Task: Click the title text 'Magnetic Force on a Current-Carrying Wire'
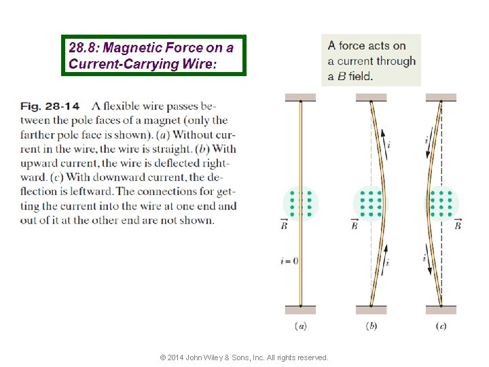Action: [x=153, y=55]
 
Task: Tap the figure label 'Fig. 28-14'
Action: [x=50, y=106]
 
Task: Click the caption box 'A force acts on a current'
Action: [x=371, y=60]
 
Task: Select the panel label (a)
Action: [x=300, y=326]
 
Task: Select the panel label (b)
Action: [x=372, y=326]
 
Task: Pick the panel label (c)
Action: [x=441, y=326]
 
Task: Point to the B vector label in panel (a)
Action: [x=284, y=225]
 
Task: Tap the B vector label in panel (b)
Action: [x=354, y=225]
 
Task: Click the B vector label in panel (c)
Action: [x=458, y=225]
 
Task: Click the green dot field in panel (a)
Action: [x=300, y=203]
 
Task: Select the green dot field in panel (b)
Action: [x=371, y=203]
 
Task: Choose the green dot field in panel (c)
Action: [x=441, y=203]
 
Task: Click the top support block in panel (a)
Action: [x=300, y=97]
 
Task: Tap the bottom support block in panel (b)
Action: [x=371, y=310]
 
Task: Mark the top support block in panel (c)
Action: [x=441, y=97]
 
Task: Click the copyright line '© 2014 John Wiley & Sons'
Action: [x=243, y=357]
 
